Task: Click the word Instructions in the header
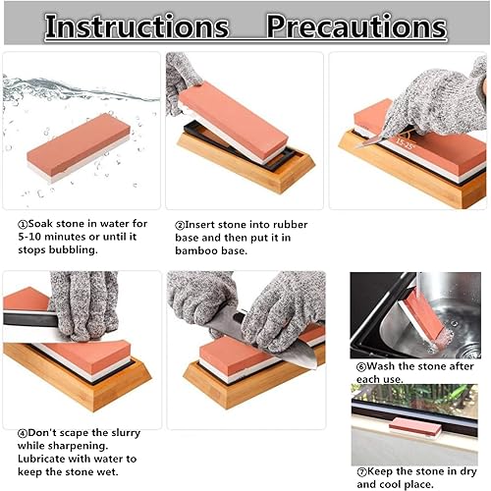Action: pyautogui.click(x=136, y=27)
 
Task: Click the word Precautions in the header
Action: pyautogui.click(x=356, y=27)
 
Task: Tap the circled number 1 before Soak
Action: pyautogui.click(x=23, y=225)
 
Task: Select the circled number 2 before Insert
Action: pyautogui.click(x=180, y=226)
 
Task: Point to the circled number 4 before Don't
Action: pyautogui.click(x=23, y=434)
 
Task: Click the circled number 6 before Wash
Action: pyautogui.click(x=361, y=367)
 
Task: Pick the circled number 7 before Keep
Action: pyautogui.click(x=361, y=472)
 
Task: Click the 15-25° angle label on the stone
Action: pyautogui.click(x=406, y=143)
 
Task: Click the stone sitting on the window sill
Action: pyautogui.click(x=415, y=428)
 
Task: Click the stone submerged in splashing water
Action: pyautogui.click(x=79, y=147)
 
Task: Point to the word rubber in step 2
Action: pyautogui.click(x=291, y=225)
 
